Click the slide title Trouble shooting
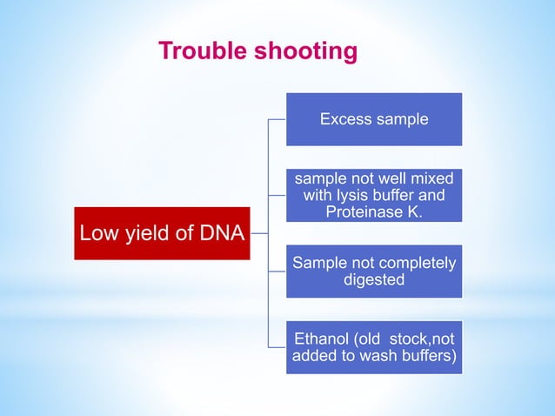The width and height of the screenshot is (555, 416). click(x=257, y=52)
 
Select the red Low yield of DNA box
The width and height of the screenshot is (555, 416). click(x=162, y=233)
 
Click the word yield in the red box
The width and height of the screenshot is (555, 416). click(x=147, y=233)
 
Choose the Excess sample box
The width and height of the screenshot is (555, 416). click(x=374, y=119)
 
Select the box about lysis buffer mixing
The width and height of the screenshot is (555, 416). click(x=374, y=195)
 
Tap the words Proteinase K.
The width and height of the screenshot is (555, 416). click(x=374, y=211)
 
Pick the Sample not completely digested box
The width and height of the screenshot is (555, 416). click(x=374, y=272)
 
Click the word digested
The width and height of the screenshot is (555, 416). click(x=374, y=280)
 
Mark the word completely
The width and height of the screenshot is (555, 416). click(x=417, y=263)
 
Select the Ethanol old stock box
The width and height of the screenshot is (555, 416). click(x=374, y=347)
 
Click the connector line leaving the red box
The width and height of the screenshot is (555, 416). click(x=259, y=233)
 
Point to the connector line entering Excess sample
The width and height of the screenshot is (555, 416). click(x=277, y=119)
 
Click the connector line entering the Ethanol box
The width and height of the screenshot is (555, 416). click(x=277, y=347)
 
